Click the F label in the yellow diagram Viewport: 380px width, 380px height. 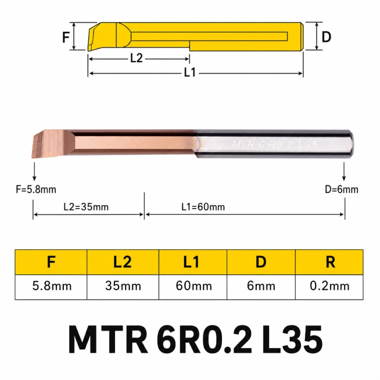pos(66,37)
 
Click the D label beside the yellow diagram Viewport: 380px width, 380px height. pos(326,37)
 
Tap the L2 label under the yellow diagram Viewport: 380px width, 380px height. pos(136,58)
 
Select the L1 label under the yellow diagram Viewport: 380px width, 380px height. pos(190,72)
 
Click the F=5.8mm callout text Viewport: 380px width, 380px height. pos(36,189)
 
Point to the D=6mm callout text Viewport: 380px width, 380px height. pos(341,189)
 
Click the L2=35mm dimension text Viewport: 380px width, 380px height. pos(86,207)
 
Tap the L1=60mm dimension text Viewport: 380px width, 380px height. pos(203,207)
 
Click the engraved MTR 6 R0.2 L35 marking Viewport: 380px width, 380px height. pos(275,144)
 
